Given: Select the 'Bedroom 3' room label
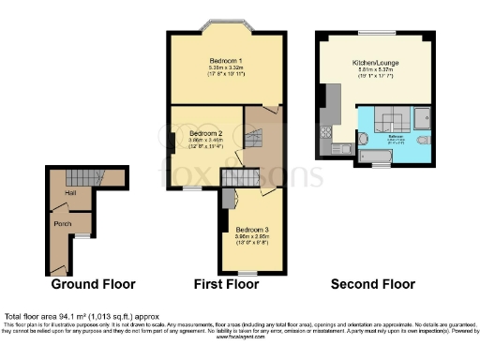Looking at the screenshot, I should click(x=251, y=230).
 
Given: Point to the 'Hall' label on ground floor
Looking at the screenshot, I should click(x=69, y=194).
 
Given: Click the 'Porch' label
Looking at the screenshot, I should click(x=63, y=223).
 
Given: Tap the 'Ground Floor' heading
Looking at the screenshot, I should click(x=93, y=283).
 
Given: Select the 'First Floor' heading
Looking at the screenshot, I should click(x=225, y=283).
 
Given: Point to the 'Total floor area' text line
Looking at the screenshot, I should click(x=70, y=317).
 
